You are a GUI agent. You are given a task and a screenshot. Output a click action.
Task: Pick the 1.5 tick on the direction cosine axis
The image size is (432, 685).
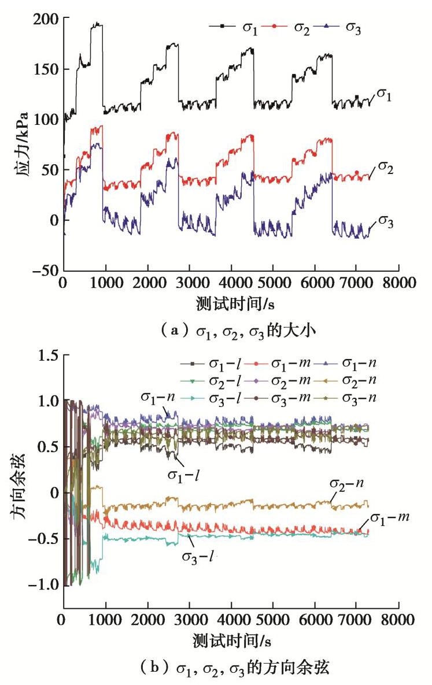tap(45, 356)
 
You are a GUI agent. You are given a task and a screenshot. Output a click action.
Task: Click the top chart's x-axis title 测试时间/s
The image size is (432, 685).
tap(231, 302)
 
